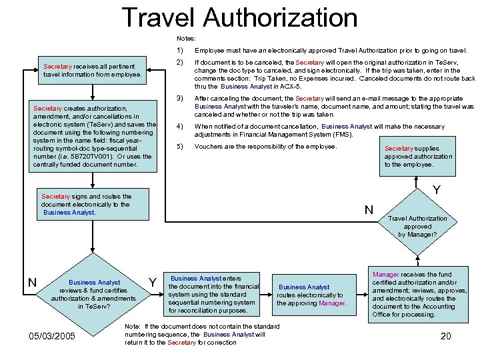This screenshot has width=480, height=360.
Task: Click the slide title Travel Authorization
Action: pos(240,17)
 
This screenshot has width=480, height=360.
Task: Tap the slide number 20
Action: pos(445,335)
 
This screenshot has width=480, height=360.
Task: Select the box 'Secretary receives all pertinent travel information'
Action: pos(93,70)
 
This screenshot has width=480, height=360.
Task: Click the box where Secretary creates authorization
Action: pos(93,136)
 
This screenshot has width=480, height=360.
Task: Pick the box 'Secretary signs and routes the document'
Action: pos(93,205)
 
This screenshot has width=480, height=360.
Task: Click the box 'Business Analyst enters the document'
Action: pos(213,294)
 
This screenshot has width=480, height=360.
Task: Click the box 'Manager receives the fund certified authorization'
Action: pos(419,294)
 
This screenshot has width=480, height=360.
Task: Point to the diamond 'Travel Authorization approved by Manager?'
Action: pos(418,226)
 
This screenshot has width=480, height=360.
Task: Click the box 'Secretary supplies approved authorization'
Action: pos(418,157)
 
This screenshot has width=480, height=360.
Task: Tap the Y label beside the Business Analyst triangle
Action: pos(152,283)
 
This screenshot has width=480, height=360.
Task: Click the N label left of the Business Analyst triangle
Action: pos(31,283)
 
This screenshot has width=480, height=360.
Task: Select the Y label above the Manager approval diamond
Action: pos(436,191)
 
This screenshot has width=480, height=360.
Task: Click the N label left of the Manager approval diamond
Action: pos(368,210)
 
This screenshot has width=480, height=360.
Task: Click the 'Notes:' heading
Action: pos(186,39)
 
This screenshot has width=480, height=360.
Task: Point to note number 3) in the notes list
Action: pos(180,99)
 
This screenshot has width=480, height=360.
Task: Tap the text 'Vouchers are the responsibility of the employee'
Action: pos(265,147)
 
